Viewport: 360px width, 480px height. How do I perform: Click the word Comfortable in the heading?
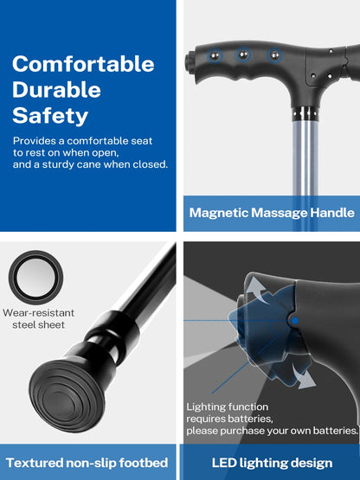(83, 64)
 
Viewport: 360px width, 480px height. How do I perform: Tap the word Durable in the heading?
(56, 90)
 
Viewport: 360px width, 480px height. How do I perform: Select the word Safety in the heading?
(50, 116)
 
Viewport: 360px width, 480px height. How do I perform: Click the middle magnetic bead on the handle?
(243, 55)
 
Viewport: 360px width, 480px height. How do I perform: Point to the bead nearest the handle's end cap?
(215, 56)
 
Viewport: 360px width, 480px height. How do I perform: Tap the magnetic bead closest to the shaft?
(274, 55)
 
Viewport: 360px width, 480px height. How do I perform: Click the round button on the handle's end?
(189, 61)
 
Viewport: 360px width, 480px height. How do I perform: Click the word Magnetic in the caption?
(218, 213)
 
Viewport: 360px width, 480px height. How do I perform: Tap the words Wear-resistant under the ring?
(38, 313)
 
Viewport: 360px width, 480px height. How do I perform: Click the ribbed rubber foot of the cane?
(67, 396)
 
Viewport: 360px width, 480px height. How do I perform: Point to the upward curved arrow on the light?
(257, 290)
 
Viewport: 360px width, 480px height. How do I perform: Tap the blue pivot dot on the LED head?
(295, 321)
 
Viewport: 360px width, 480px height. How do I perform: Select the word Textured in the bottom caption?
(34, 463)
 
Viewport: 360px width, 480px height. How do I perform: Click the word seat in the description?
(142, 141)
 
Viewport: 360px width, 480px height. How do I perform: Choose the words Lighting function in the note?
(228, 406)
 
